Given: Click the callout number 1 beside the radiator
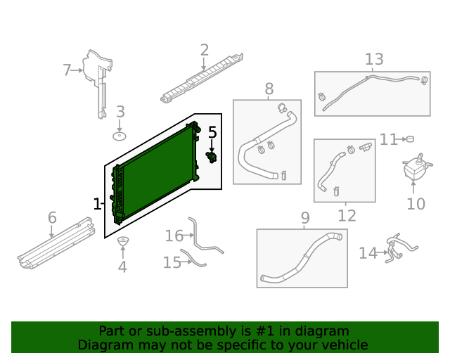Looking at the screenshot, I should [97, 204].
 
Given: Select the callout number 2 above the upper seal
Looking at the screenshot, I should [205, 50].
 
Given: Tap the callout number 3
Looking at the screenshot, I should [120, 111].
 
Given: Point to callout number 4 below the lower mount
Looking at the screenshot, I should [122, 267].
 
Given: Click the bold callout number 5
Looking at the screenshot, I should [212, 132].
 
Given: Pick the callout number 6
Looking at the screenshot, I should [52, 218].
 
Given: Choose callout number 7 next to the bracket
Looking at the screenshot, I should [67, 70].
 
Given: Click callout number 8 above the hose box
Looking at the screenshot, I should [269, 89].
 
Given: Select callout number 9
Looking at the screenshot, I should [305, 218].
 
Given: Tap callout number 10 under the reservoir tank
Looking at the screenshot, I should [416, 204].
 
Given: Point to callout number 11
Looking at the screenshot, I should [389, 140].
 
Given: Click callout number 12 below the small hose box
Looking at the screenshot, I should [347, 216].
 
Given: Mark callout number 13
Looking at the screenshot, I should [374, 60].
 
